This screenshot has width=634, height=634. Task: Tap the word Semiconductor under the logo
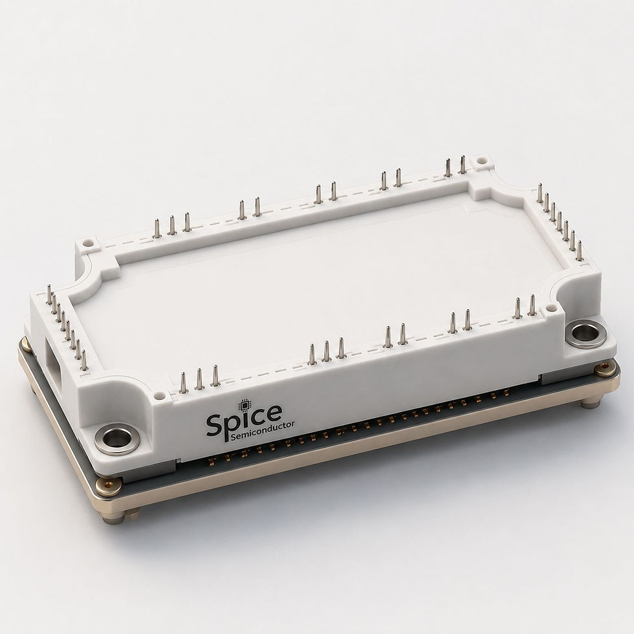263,430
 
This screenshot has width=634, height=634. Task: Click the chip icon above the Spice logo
244,405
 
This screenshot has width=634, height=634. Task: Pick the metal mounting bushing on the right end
582,333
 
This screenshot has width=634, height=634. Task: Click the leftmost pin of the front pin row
182,382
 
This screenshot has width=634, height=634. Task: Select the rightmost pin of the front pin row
532,305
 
